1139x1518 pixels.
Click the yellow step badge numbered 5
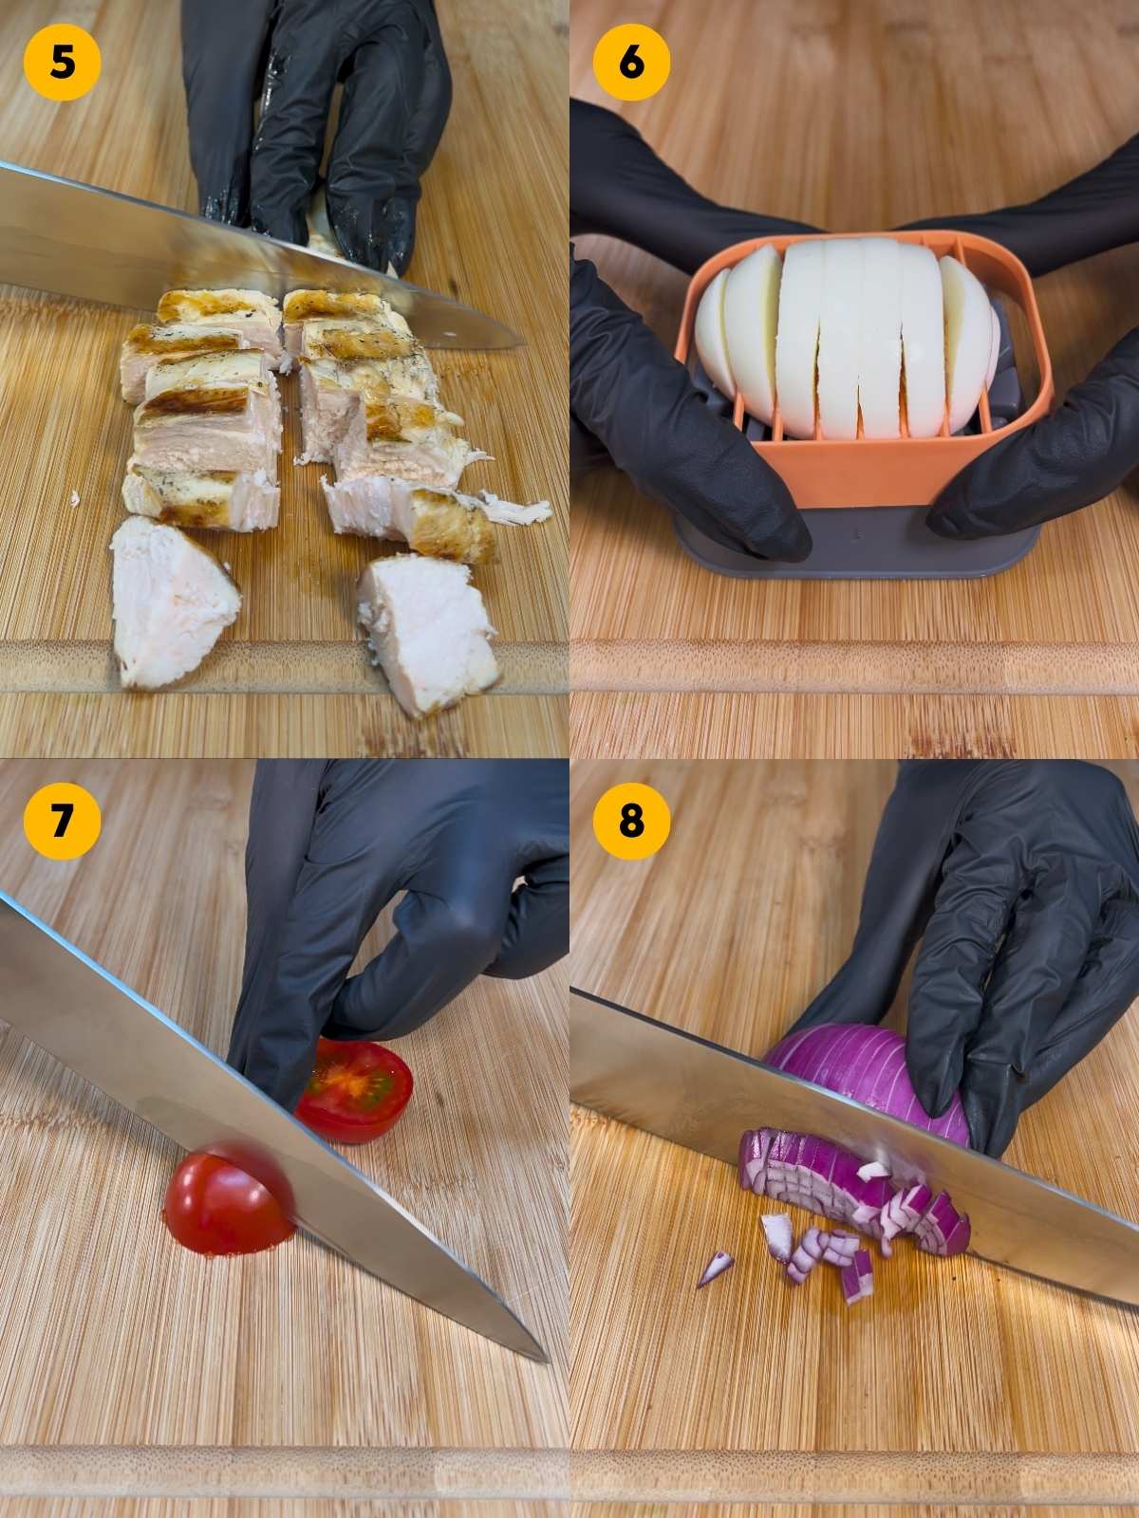coord(62,63)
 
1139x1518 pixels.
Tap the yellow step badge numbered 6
coord(631,63)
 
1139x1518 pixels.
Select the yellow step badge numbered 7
coord(62,822)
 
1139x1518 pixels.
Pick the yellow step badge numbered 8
coord(631,822)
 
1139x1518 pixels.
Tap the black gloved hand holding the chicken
coord(313,123)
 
